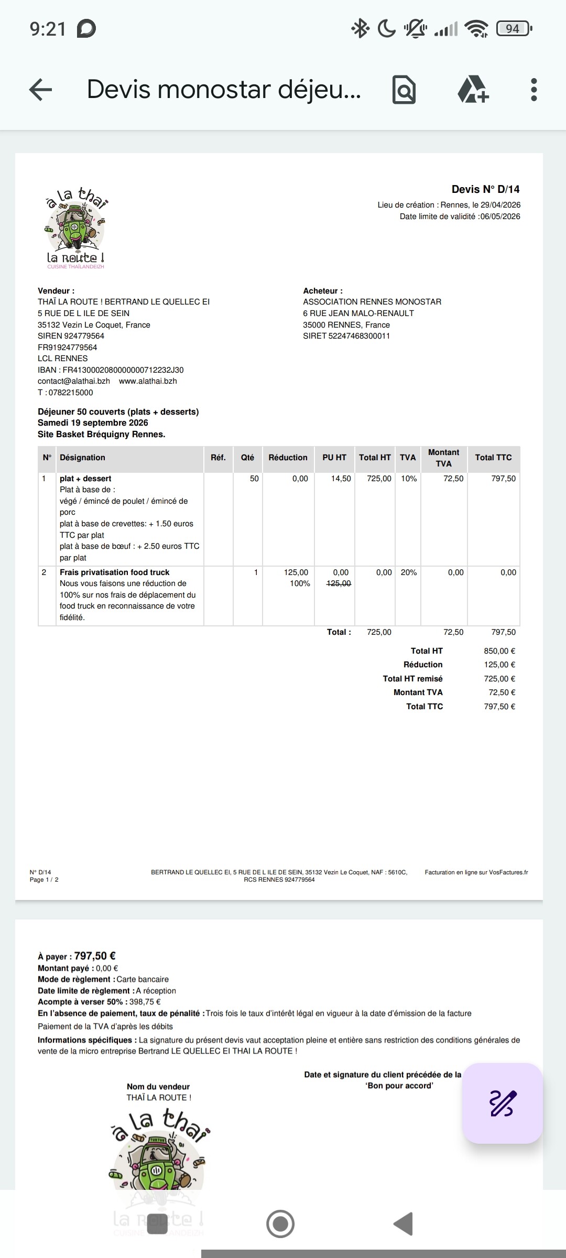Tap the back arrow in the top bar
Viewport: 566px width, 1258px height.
coord(40,90)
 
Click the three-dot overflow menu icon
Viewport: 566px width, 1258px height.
coord(534,90)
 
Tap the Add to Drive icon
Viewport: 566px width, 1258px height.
coord(473,90)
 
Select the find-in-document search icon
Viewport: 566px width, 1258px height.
coord(404,90)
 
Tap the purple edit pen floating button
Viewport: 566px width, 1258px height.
coord(502,1103)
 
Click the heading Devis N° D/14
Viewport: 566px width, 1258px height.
coord(485,189)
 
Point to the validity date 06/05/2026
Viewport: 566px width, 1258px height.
coord(500,216)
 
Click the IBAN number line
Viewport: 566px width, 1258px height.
coord(111,370)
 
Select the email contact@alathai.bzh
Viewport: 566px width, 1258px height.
coord(74,381)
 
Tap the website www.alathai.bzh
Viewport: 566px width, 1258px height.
coord(148,381)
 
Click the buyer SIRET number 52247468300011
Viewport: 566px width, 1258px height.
coord(359,336)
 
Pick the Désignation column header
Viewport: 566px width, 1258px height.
coord(82,458)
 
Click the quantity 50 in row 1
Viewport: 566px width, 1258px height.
coord(254,479)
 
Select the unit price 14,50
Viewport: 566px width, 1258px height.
coord(341,479)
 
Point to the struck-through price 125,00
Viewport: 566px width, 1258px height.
coord(339,583)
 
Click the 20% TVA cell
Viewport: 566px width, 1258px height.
coord(408,572)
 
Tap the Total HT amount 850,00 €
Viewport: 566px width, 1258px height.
coord(499,651)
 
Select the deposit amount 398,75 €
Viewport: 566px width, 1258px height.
coord(145,1002)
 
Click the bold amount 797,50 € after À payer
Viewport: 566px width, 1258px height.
coord(95,956)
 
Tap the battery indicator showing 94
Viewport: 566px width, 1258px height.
coord(513,28)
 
